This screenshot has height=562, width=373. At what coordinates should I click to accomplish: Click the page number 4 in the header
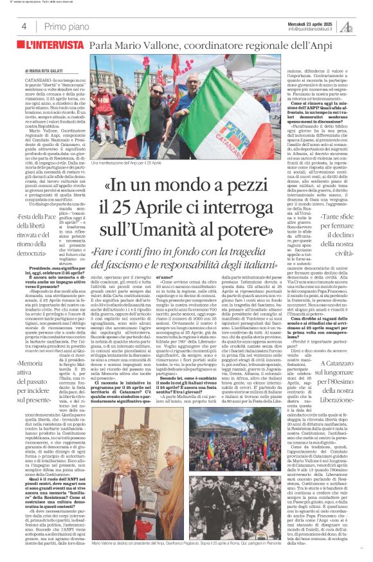point(24,26)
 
